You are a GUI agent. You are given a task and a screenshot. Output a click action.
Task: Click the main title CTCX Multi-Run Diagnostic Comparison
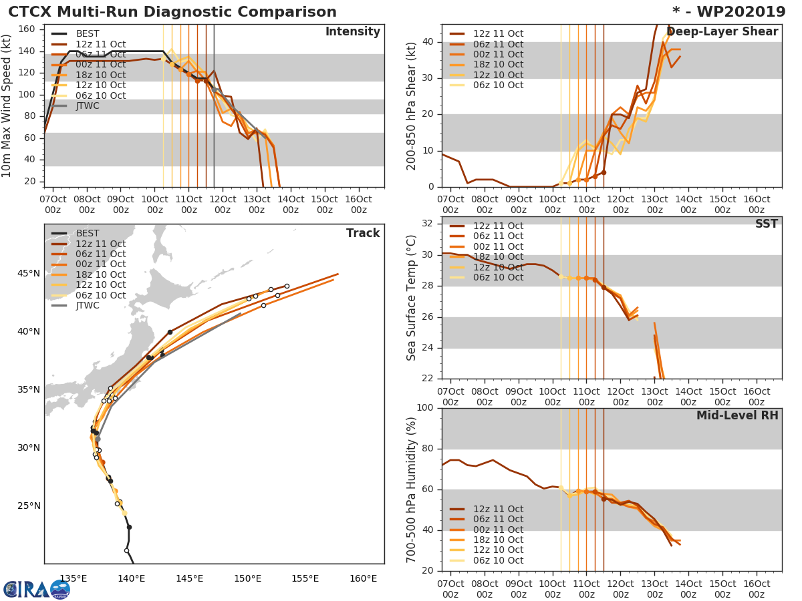coord(172,12)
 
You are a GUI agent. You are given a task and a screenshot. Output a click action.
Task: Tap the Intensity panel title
coord(352,32)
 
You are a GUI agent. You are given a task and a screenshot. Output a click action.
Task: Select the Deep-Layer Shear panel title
coord(722,32)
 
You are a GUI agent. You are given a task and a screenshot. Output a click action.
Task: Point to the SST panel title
coord(766,224)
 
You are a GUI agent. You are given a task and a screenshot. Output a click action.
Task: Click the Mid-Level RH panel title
coord(737,415)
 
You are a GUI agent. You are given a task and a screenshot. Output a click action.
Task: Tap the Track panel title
coord(363,233)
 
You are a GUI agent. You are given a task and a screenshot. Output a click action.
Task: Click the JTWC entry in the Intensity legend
coord(88,106)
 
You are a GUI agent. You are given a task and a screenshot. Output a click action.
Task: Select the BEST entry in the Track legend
coord(88,233)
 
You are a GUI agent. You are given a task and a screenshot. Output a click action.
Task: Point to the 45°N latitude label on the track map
coord(28,273)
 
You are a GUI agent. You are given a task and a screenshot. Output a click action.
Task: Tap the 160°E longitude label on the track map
coord(363,578)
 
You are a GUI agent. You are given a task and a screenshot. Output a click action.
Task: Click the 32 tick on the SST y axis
coord(428,224)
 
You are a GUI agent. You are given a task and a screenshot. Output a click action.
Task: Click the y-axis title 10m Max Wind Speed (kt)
coord(7,106)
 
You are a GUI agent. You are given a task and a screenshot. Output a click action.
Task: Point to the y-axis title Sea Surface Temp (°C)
coord(412,298)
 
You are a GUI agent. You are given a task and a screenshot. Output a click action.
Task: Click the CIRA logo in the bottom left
coord(36,589)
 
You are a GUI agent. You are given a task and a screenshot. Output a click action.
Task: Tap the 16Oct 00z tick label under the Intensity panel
coord(358,204)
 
